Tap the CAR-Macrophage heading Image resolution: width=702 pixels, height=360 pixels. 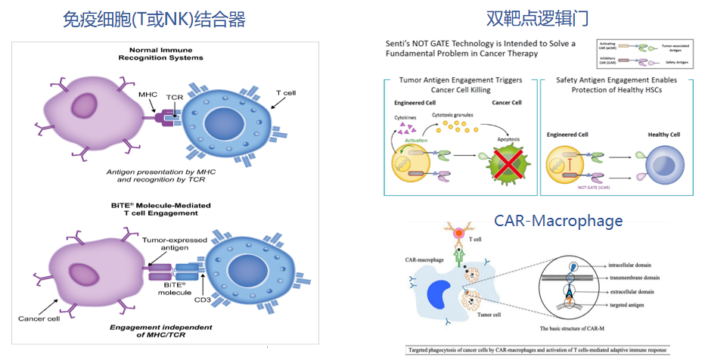[x=558, y=220]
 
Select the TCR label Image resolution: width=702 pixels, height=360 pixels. [x=175, y=98]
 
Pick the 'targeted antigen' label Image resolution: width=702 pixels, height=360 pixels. [x=629, y=304]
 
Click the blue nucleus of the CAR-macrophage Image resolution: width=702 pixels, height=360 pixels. [x=440, y=294]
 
